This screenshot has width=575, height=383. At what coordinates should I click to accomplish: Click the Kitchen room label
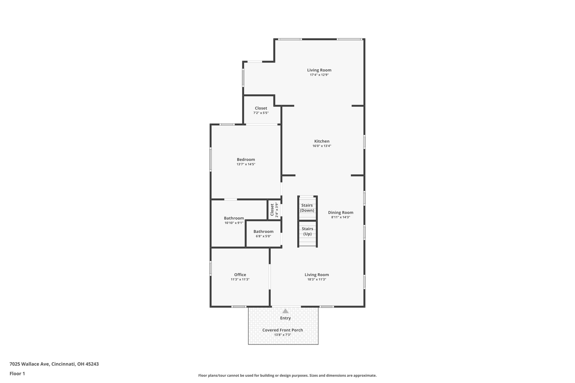click(322, 141)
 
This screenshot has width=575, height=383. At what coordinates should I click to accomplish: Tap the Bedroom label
click(246, 160)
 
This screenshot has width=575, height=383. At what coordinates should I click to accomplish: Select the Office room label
click(240, 275)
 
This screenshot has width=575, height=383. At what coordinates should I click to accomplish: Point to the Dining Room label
click(341, 213)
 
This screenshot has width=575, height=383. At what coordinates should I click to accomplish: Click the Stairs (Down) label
click(307, 208)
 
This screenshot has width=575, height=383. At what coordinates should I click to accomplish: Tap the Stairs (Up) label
click(307, 231)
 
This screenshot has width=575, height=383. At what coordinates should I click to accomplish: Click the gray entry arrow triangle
click(286, 311)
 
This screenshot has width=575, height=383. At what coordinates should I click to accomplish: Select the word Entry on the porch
click(286, 318)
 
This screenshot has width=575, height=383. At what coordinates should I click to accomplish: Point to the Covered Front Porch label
click(283, 330)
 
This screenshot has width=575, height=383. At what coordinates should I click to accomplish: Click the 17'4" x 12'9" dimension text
click(319, 75)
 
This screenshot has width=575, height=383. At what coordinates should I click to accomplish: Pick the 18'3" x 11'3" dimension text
click(317, 279)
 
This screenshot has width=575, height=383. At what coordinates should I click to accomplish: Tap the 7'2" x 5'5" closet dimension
click(261, 113)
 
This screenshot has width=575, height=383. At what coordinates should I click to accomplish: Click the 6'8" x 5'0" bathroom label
click(263, 236)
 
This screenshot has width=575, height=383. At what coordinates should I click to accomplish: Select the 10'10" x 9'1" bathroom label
click(234, 223)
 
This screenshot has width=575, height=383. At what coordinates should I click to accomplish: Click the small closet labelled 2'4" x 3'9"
click(274, 210)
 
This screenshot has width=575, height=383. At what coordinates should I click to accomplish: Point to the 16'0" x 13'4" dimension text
click(322, 146)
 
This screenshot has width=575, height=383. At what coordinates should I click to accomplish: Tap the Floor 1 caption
click(17, 373)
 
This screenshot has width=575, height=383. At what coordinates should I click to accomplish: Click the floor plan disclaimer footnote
click(287, 375)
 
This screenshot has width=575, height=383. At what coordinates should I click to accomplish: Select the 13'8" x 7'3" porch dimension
click(283, 335)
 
